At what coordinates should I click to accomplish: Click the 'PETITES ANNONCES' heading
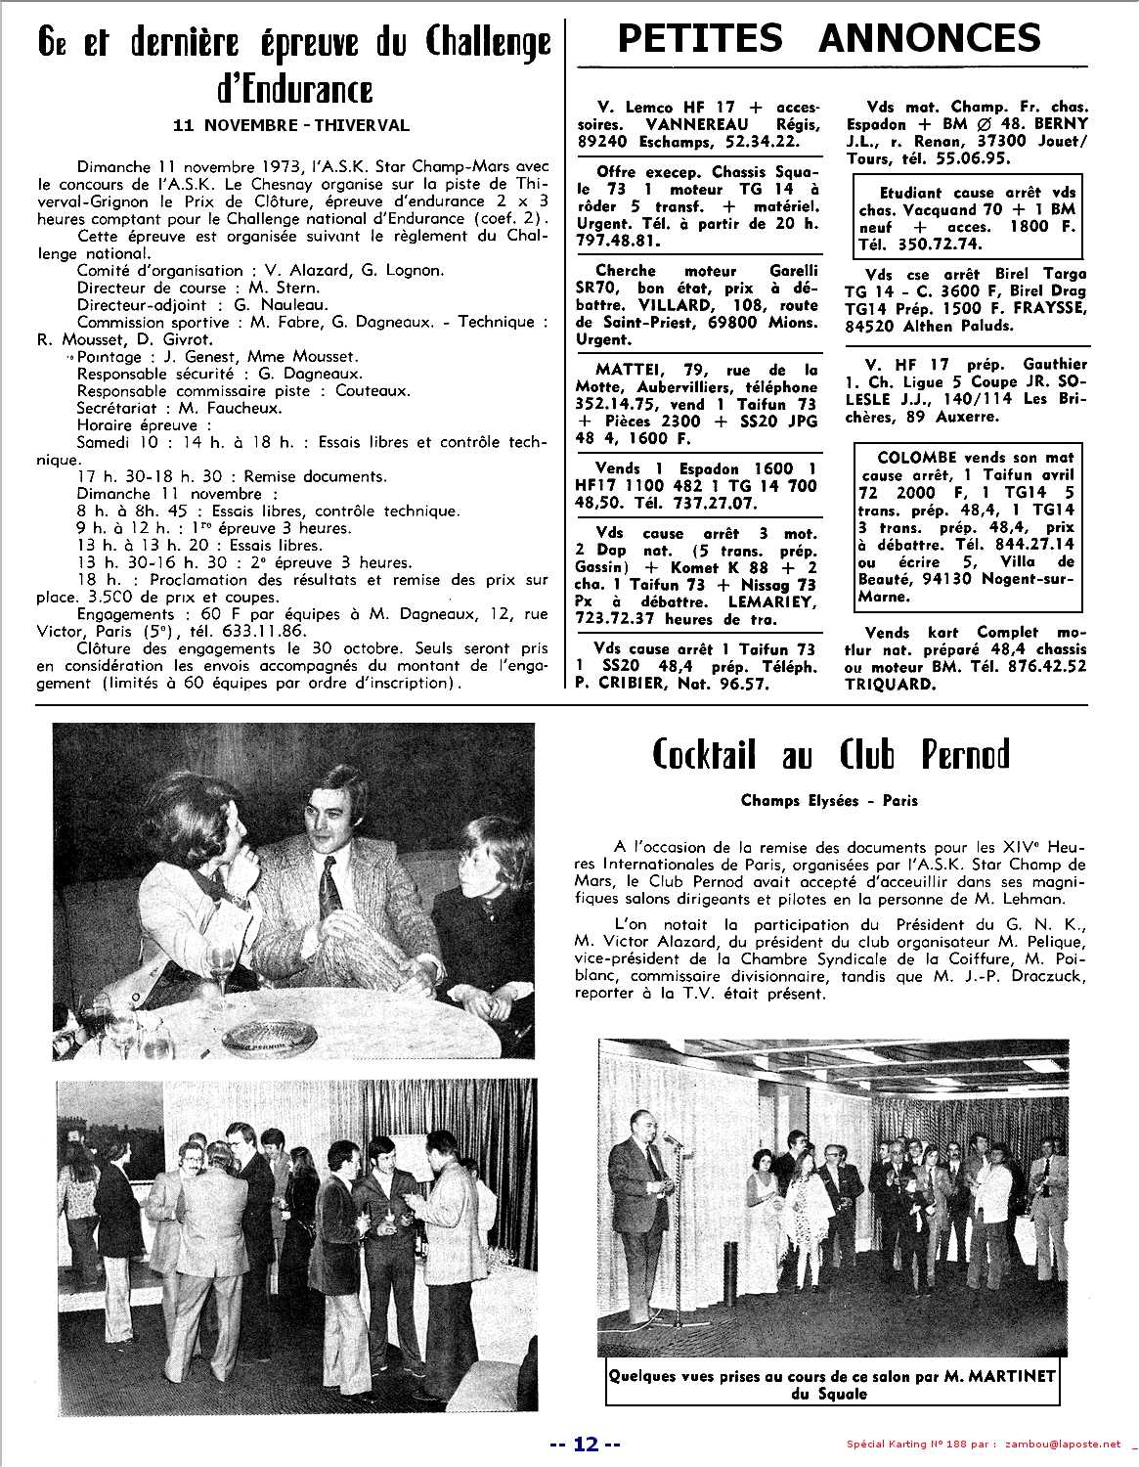[829, 38]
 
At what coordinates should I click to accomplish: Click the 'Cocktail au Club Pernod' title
[830, 756]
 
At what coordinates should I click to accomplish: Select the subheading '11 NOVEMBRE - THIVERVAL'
[290, 125]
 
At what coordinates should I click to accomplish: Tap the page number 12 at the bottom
[585, 1445]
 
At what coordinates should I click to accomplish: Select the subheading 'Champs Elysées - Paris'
[830, 800]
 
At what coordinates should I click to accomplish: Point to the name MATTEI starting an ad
[627, 370]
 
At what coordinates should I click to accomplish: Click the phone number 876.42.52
[1033, 668]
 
